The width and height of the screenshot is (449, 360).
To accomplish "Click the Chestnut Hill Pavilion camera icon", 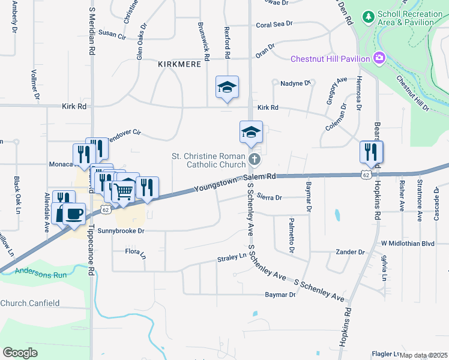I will click(x=379, y=58).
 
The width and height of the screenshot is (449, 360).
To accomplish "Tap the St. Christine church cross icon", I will click(x=255, y=160).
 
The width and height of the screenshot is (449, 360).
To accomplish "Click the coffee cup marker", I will click(x=74, y=214).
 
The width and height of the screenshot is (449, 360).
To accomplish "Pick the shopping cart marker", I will click(x=124, y=191).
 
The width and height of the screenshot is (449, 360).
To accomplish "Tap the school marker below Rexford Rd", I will click(x=228, y=88).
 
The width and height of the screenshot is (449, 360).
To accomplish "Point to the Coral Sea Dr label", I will click(x=274, y=24).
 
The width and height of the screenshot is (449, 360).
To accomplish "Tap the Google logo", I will click(x=20, y=352).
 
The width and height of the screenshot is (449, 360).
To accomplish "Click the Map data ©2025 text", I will click(x=423, y=355).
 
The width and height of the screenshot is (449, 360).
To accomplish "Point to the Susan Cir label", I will click(x=112, y=36).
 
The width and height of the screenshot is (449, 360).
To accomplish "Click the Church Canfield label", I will click(x=29, y=303).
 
